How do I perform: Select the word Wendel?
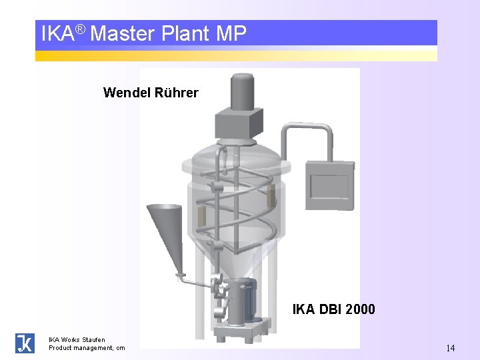point(127,93)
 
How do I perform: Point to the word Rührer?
point(176,93)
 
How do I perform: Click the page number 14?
point(451,347)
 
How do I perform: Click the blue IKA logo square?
point(25,343)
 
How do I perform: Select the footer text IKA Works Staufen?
point(77,339)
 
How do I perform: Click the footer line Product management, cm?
point(87,347)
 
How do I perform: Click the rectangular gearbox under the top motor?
point(237,123)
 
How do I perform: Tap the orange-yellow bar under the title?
point(236,55)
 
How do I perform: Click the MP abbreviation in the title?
point(231,33)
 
